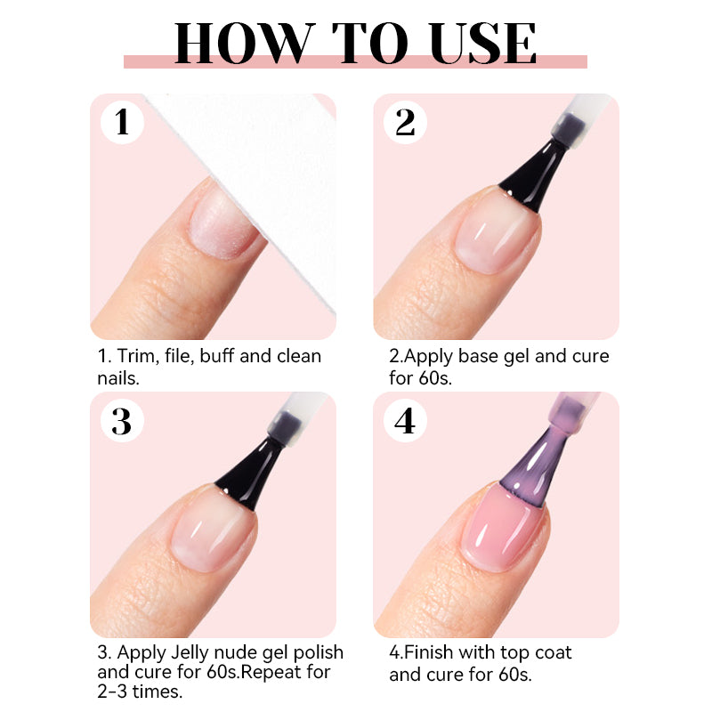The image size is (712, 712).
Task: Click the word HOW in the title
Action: [x=245, y=43]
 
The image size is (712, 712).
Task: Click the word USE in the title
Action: [x=482, y=43]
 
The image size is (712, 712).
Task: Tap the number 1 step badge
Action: [x=122, y=123]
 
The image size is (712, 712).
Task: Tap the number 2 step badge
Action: [x=405, y=123]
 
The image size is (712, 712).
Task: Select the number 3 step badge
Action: [x=122, y=421]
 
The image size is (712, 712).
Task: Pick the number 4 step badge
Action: [x=405, y=421]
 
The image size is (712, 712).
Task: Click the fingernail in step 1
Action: [x=222, y=225]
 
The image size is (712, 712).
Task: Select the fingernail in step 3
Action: [x=214, y=533]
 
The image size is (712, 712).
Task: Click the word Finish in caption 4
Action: [x=429, y=652]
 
